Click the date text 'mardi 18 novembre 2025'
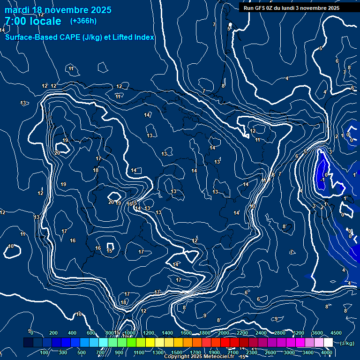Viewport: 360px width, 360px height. tap(58, 10)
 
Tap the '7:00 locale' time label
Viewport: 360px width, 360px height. tap(33, 21)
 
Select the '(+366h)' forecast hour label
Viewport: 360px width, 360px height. tap(83, 21)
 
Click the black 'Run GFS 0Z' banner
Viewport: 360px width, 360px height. tap(291, 8)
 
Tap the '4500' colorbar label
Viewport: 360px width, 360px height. tap(336, 333)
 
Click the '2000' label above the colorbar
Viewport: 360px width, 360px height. tap(224, 333)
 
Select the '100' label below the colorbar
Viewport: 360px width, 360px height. tap(45, 352)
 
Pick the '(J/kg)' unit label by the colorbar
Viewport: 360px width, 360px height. tap(346, 344)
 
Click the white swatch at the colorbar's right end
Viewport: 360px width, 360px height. tap(328, 343)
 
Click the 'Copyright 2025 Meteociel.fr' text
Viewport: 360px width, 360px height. tap(199, 357)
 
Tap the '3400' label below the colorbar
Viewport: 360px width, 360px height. tap(308, 352)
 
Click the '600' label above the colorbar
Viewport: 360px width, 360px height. tap(91, 333)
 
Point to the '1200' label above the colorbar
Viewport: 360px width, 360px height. tap(148, 333)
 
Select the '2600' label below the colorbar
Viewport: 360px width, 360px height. tap(270, 352)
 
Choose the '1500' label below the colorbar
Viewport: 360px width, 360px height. tap(177, 352)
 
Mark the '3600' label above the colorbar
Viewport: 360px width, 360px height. tap(317, 333)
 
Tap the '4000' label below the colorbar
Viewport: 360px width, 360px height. tap(327, 352)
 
